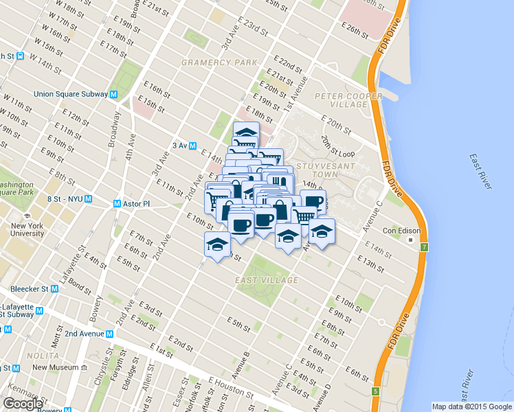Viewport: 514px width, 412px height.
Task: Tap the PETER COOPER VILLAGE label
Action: [x=341, y=100]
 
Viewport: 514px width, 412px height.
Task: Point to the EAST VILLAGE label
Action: [x=267, y=280]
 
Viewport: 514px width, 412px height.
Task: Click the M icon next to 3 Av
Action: [x=194, y=146]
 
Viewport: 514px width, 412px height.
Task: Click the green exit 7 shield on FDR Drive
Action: [x=424, y=247]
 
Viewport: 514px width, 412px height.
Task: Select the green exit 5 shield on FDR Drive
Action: [x=375, y=391]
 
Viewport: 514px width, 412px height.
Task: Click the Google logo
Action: [x=23, y=404]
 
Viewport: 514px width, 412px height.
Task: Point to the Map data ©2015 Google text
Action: [x=471, y=407]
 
